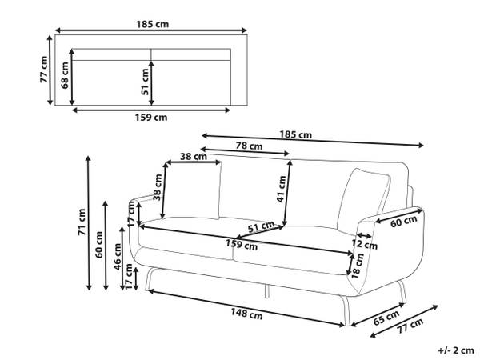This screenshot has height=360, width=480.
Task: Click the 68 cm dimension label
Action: click(65, 75)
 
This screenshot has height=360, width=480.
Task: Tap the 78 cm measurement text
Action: click(249, 146)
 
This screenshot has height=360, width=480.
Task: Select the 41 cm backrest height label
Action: click(281, 189)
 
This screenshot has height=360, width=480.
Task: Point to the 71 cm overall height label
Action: click(82, 222)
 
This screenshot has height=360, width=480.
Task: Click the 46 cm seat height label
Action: click(118, 257)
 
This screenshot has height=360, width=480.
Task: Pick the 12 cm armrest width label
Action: click(364, 244)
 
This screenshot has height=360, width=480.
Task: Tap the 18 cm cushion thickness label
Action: click(358, 266)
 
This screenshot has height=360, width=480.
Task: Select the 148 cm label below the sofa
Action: click(246, 314)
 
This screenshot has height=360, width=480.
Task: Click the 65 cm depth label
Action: click(386, 318)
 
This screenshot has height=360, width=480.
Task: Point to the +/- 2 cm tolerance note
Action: click(456, 350)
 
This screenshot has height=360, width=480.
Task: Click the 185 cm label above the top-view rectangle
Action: click(153, 24)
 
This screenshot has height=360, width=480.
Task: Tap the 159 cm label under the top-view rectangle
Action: click(151, 118)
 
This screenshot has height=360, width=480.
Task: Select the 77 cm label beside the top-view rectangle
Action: click(44, 70)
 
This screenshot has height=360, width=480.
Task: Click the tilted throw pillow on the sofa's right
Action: click(364, 201)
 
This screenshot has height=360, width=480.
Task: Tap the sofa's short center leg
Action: click(266, 291)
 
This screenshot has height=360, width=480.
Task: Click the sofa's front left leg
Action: click(150, 278)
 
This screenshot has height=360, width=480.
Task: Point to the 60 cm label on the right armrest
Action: click(403, 221)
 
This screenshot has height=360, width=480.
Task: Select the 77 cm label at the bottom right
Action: click(410, 326)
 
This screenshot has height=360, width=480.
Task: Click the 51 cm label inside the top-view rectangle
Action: click(145, 82)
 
